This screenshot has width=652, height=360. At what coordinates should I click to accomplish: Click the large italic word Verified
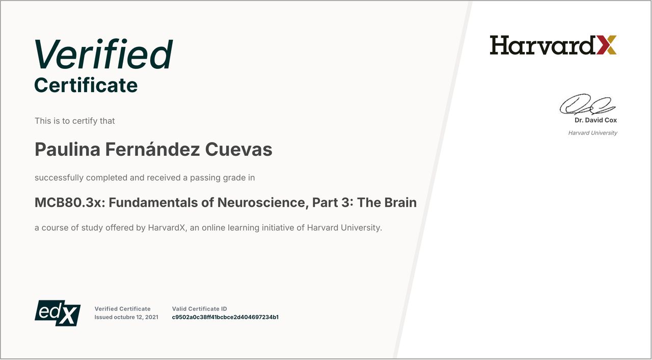click(103, 54)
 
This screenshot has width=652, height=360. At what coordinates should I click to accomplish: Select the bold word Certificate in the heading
click(86, 85)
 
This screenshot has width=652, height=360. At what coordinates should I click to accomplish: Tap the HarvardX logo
click(553, 45)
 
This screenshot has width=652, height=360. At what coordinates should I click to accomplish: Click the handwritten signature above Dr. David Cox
click(587, 104)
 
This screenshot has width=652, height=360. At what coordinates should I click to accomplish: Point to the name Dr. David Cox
click(595, 120)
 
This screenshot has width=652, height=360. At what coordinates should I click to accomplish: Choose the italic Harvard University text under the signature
click(592, 133)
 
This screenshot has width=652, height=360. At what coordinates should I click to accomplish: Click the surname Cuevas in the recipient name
click(239, 149)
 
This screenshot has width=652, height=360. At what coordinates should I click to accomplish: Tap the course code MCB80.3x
click(70, 203)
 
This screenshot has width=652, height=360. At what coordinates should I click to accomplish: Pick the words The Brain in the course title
click(387, 203)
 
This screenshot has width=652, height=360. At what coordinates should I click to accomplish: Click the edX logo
click(58, 313)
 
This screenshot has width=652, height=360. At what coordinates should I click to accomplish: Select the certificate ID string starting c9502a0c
click(225, 317)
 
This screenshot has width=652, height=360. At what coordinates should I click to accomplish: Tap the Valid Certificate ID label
click(199, 309)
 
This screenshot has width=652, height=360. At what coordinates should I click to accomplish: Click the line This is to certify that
click(75, 121)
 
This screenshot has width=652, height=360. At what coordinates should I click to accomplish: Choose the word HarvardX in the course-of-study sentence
click(167, 228)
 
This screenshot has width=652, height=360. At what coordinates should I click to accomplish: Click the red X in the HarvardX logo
click(606, 45)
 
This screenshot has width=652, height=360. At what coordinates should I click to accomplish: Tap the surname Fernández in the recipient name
click(152, 149)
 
